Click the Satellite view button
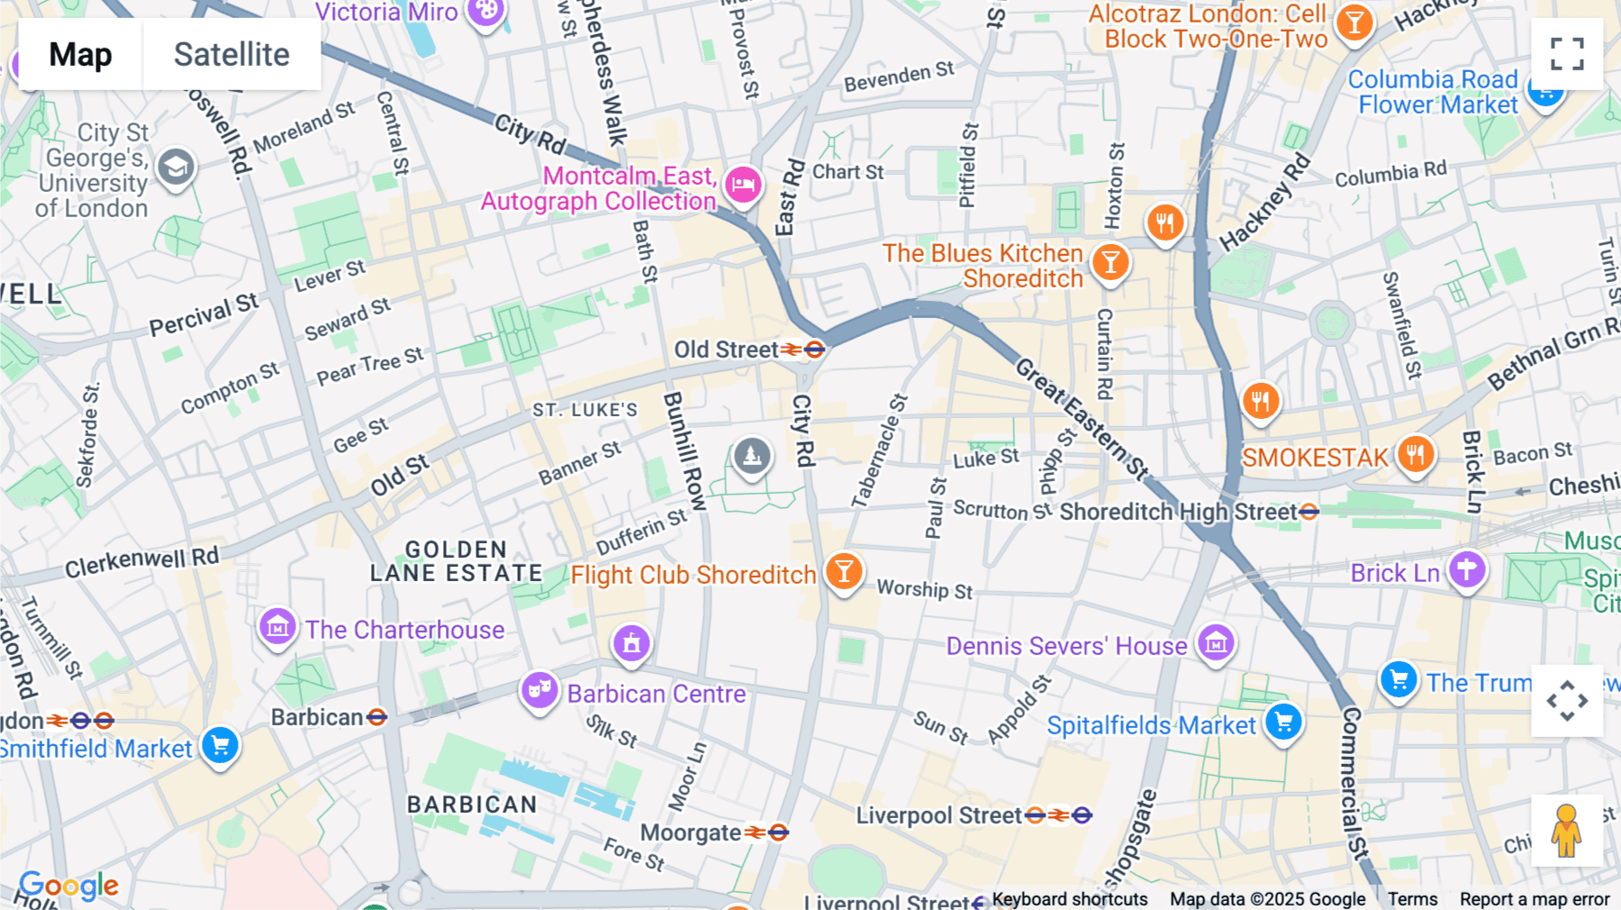point(231,54)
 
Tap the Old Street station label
point(726,350)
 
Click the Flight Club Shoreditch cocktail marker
point(844,570)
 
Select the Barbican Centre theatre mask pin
point(539,691)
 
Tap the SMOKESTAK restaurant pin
point(1415,455)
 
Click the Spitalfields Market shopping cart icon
point(1283,722)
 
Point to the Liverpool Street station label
point(938,815)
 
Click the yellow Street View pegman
point(1566,830)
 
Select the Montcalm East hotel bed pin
point(743,186)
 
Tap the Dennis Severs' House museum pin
point(1216,643)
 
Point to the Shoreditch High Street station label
point(1178,512)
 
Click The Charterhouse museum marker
point(277,627)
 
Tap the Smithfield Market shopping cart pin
point(220,746)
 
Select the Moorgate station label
point(691,833)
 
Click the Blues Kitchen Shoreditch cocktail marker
point(1110,262)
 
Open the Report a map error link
point(1534,899)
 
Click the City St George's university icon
point(176,168)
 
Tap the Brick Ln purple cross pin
point(1466,569)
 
